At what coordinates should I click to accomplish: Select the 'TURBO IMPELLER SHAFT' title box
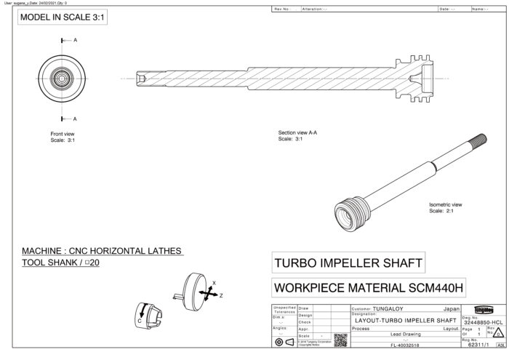pos(347,262)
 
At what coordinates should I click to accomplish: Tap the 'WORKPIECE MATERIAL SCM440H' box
pos(368,288)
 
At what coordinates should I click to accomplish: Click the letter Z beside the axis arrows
pos(221,296)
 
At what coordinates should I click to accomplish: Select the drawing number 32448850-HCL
pos(483,322)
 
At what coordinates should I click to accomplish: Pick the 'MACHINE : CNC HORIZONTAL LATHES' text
pos(102,251)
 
